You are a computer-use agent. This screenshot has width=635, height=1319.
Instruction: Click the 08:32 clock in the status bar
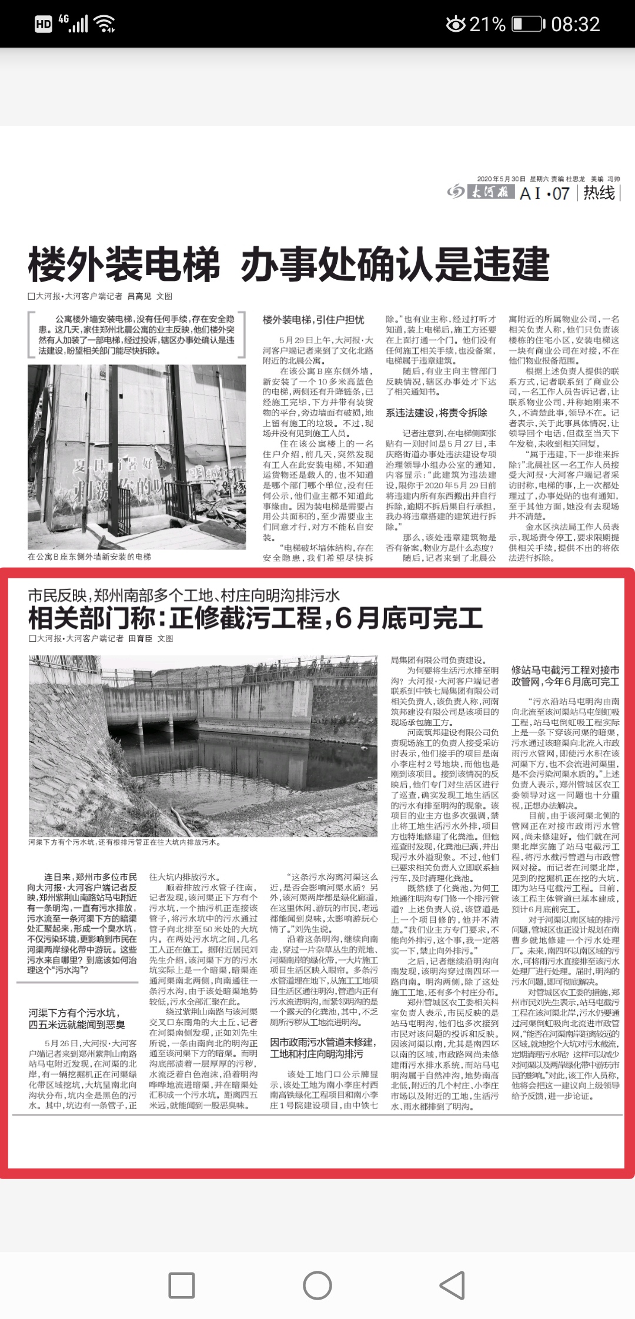click(x=575, y=24)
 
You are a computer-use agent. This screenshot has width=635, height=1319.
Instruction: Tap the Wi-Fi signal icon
click(x=105, y=24)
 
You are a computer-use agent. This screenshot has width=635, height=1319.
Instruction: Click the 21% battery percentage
click(x=487, y=24)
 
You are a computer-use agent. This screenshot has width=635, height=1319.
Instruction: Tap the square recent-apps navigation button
click(x=182, y=1285)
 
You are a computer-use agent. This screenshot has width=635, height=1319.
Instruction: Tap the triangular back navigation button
click(x=453, y=1285)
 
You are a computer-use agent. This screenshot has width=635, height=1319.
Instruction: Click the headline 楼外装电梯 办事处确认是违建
click(x=289, y=264)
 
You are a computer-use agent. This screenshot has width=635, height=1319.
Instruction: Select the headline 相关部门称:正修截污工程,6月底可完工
click(x=256, y=618)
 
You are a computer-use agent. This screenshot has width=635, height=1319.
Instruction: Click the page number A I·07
click(x=544, y=193)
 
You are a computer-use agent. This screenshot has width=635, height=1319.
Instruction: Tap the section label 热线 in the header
click(x=599, y=193)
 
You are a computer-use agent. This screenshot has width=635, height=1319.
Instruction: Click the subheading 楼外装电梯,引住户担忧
click(x=313, y=320)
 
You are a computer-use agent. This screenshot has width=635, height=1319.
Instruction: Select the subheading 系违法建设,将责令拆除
click(x=436, y=413)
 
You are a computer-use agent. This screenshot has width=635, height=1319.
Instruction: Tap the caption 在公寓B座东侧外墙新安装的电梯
click(x=89, y=556)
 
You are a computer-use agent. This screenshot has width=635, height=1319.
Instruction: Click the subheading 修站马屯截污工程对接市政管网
click(x=565, y=675)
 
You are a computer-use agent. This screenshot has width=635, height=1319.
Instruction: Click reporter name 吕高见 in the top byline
click(x=139, y=296)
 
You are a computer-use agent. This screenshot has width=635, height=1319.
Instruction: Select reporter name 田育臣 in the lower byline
click(x=141, y=638)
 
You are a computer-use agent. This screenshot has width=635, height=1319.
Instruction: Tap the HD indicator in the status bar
click(x=44, y=24)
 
